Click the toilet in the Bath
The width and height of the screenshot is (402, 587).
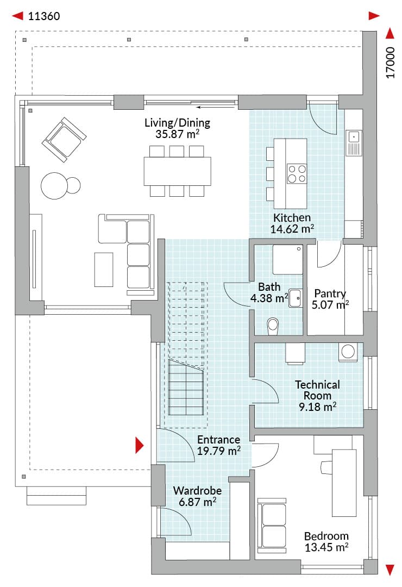(273, 326)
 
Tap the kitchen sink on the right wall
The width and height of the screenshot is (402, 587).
(354, 142)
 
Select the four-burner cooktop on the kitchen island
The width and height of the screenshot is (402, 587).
(297, 174)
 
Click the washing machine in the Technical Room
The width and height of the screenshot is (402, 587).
(348, 352)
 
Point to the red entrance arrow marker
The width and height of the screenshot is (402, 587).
(139, 445)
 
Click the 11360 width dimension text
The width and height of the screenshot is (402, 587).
(44, 16)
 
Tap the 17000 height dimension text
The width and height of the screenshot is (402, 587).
(391, 63)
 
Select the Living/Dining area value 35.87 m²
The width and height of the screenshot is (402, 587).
(178, 134)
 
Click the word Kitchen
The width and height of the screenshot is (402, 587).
(292, 217)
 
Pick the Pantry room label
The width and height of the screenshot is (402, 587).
(330, 293)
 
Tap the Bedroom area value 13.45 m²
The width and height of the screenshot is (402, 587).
(326, 547)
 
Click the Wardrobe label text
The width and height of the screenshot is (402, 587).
(197, 490)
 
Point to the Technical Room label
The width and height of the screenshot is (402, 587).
(317, 390)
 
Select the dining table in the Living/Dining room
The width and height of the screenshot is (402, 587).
(178, 171)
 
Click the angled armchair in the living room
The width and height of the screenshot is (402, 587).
(64, 139)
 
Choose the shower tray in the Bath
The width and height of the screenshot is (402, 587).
(287, 259)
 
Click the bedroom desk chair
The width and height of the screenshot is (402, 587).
(327, 467)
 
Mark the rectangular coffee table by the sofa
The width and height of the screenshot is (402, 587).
(104, 270)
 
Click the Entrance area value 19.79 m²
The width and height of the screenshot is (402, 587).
(218, 451)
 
